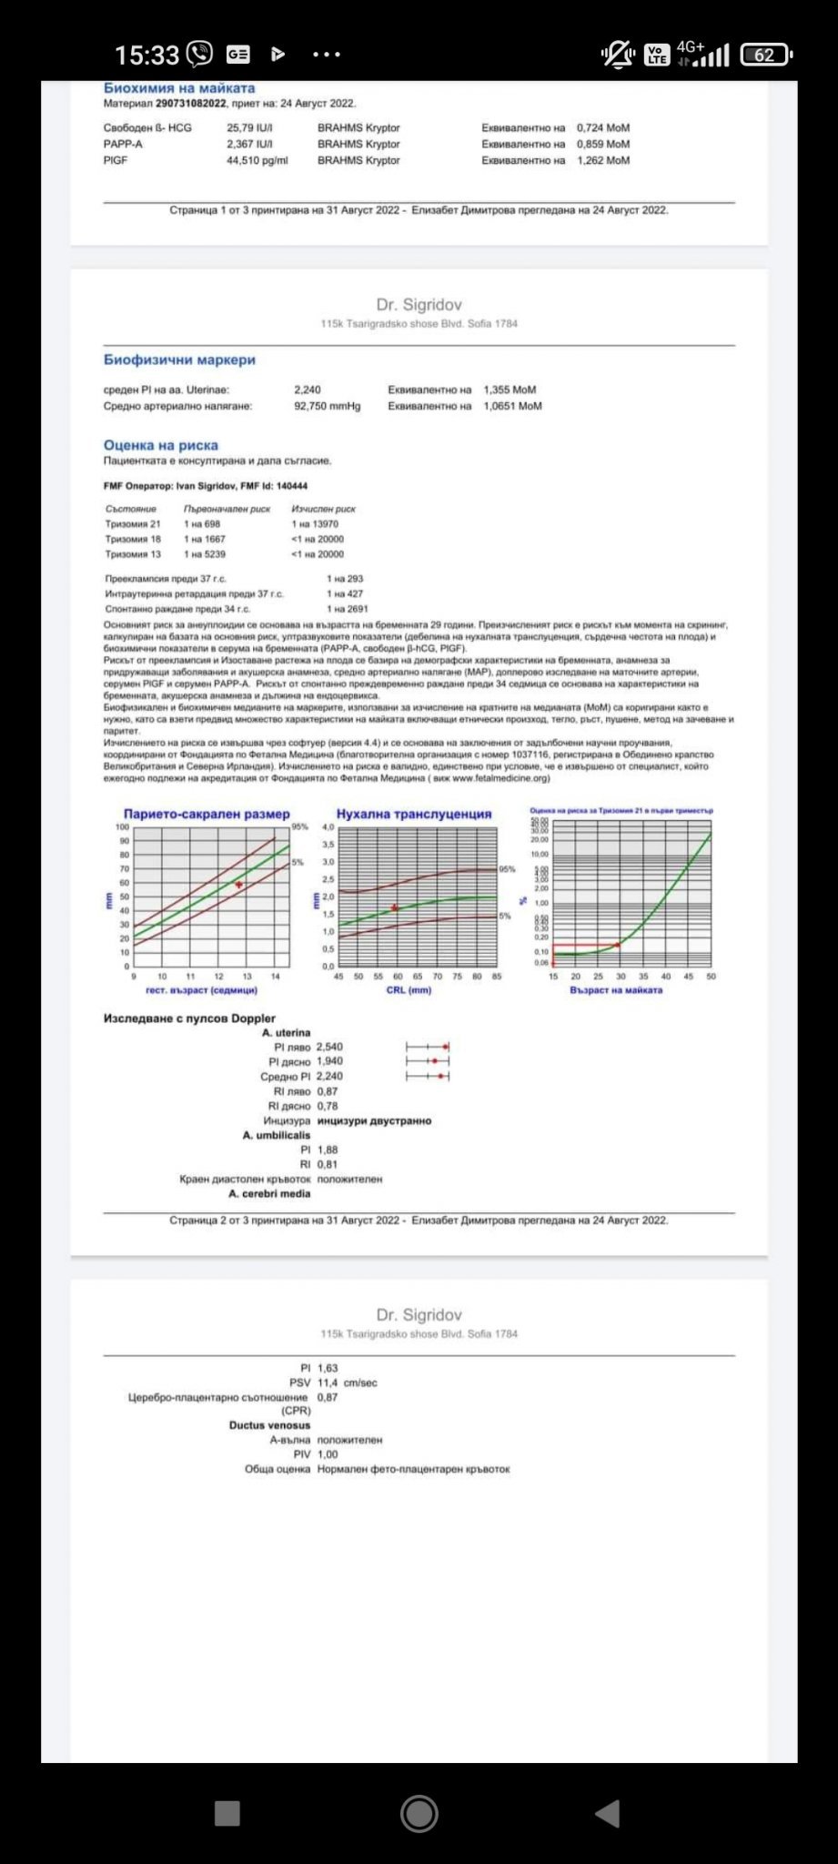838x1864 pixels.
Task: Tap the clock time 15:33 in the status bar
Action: tap(146, 56)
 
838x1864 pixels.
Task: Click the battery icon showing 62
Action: tap(765, 56)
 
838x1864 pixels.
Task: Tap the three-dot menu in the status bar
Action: tap(326, 55)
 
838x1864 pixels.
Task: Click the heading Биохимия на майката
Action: tap(179, 88)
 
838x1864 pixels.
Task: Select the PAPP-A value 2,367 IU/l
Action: tap(249, 144)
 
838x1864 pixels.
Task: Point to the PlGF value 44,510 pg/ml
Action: tap(257, 160)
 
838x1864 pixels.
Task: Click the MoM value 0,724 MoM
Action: tap(602, 128)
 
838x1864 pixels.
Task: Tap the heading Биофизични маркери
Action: tap(179, 360)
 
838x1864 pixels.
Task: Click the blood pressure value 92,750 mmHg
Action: tap(327, 406)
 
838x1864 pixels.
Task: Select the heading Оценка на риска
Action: tap(161, 446)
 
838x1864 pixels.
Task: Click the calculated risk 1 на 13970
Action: tap(315, 524)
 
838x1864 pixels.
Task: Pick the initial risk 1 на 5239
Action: tap(205, 554)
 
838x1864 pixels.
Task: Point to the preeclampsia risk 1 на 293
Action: tap(345, 579)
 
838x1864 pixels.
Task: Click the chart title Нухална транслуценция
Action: tap(414, 815)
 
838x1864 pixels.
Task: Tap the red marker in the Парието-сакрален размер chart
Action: tap(239, 885)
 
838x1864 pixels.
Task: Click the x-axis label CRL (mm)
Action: tap(409, 990)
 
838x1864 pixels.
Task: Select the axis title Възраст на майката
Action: tap(616, 990)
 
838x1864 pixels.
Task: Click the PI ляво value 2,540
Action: tap(329, 1048)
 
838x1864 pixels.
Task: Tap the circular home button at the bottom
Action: tap(419, 1814)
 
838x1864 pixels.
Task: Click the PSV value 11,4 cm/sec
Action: tap(347, 1383)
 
